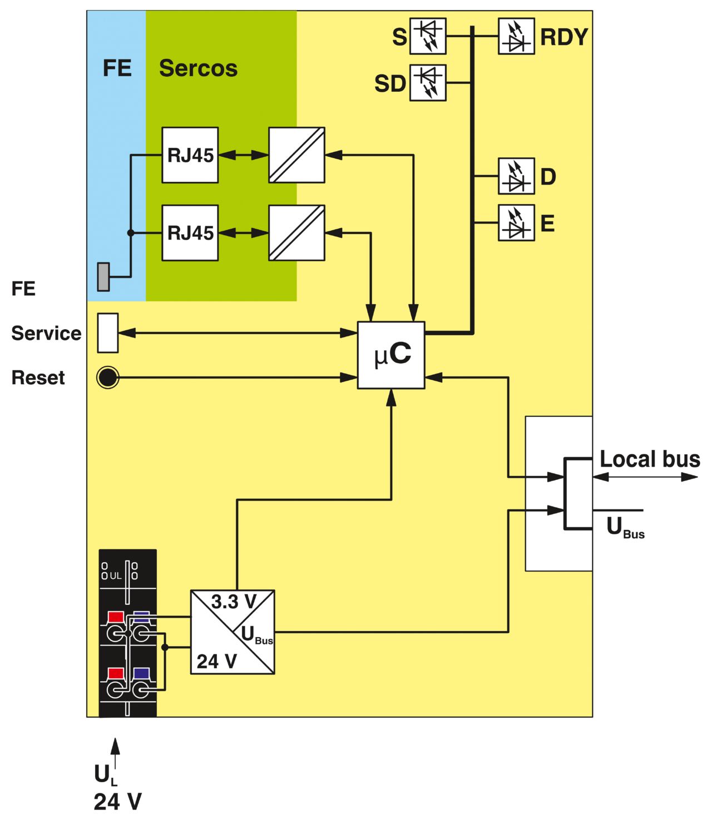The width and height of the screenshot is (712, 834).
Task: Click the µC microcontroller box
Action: pyautogui.click(x=391, y=355)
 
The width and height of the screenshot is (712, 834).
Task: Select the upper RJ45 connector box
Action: pyautogui.click(x=190, y=155)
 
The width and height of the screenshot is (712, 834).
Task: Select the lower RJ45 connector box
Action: pyautogui.click(x=190, y=233)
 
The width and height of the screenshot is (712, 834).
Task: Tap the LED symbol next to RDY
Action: pyautogui.click(x=516, y=36)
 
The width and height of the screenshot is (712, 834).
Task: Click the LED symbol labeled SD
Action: pyautogui.click(x=428, y=83)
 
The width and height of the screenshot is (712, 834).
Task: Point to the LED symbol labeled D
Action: pyautogui.click(x=516, y=176)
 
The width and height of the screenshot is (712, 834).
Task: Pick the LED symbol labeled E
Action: pyautogui.click(x=516, y=223)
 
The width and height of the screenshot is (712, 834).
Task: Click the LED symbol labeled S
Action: pyautogui.click(x=428, y=36)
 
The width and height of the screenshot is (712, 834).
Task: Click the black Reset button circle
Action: pyautogui.click(x=108, y=378)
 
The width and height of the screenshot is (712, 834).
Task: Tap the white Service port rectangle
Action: pyautogui.click(x=108, y=333)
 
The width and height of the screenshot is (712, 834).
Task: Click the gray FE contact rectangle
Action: pyautogui.click(x=103, y=277)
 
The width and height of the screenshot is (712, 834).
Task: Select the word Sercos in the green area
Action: pyautogui.click(x=198, y=68)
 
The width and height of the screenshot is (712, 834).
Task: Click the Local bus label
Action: pyautogui.click(x=650, y=459)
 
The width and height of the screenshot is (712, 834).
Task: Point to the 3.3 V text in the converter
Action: pyautogui.click(x=234, y=602)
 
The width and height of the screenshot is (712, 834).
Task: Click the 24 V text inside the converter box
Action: pyautogui.click(x=217, y=661)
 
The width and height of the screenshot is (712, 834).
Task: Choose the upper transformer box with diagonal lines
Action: pyautogui.click(x=296, y=155)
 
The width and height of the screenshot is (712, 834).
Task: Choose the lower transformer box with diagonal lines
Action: pyautogui.click(x=296, y=233)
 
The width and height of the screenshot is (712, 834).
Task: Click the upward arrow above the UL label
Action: pyautogui.click(x=115, y=753)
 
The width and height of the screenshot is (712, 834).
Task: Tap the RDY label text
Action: pyautogui.click(x=564, y=37)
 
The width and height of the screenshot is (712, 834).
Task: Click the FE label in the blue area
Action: pyautogui.click(x=117, y=68)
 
